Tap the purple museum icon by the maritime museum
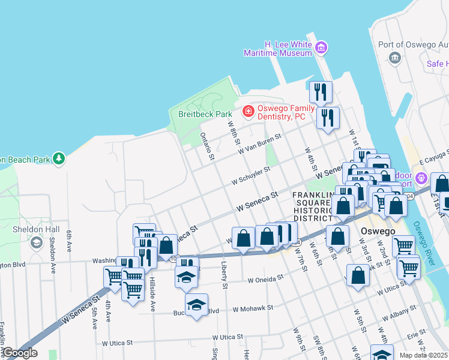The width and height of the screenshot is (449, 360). (x=322, y=47)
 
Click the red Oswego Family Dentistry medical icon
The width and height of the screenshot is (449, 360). (x=247, y=111)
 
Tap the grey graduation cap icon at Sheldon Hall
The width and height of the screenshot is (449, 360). (x=37, y=242)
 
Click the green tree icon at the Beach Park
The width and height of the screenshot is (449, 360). (x=59, y=159)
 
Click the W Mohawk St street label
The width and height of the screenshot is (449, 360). (x=253, y=308)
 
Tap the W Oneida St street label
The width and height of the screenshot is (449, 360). (x=265, y=279)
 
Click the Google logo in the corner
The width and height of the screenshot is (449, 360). (x=20, y=353)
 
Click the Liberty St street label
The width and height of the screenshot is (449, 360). (x=224, y=275)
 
